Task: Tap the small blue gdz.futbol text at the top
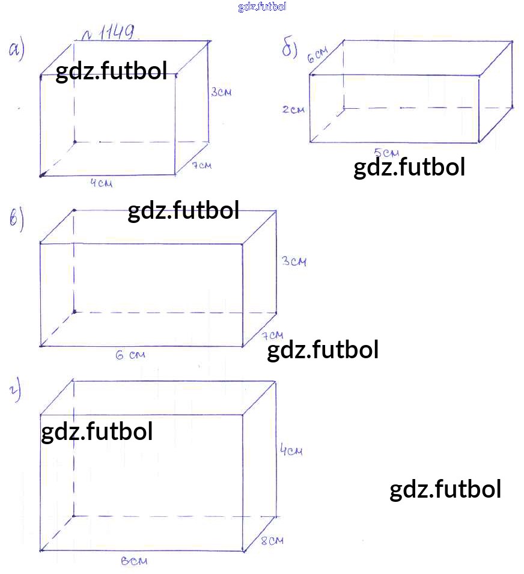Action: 262,7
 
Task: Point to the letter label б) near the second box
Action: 289,48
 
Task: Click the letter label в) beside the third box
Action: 17,219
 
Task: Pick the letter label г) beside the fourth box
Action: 15,391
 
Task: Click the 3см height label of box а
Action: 221,92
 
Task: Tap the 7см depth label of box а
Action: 202,165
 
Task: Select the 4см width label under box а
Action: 102,182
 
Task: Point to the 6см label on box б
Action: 317,55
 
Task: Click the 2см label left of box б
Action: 293,109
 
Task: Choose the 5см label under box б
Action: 386,152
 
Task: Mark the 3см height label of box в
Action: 294,261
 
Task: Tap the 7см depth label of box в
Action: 273,335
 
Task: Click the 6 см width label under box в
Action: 130,355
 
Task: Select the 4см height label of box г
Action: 291,449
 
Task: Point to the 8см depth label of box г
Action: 272,541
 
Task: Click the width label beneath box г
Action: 134,561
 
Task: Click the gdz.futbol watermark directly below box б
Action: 409,167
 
